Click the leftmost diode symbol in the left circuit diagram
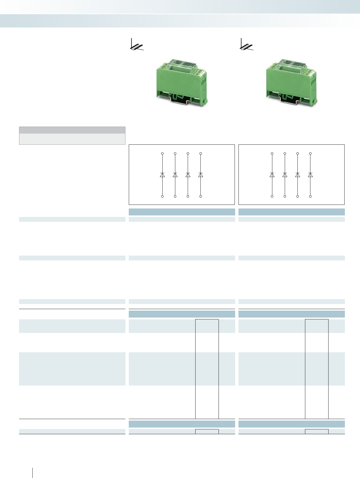pos(162,175)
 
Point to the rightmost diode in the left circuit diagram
pos(201,175)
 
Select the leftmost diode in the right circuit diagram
pos(272,175)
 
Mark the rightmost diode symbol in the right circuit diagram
pos(310,175)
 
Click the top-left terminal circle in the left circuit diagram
pos(162,153)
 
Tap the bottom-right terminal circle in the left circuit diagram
pos(201,196)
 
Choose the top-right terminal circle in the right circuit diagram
pos(310,153)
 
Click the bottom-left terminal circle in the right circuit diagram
pos(272,196)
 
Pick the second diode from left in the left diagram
pos(175,175)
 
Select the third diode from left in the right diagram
pos(297,175)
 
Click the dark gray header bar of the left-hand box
pos(72,130)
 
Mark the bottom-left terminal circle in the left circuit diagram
pos(162,196)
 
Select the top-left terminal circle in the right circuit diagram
pos(272,153)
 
